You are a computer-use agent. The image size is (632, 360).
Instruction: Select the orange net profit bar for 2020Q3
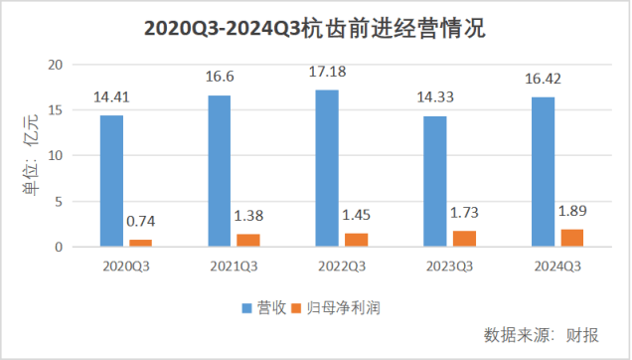[x=141, y=243]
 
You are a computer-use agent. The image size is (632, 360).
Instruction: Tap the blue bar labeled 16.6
[x=219, y=171]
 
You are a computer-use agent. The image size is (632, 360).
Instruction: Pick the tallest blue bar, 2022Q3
[x=327, y=168]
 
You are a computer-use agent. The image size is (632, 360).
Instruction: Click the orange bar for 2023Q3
[x=464, y=239]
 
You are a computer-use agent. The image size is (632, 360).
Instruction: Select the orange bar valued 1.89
[x=571, y=238]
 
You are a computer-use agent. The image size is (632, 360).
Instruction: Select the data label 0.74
[x=142, y=223]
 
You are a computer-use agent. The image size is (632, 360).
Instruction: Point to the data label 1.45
[x=357, y=216]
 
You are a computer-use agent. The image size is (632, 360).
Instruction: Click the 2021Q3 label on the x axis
[x=235, y=267]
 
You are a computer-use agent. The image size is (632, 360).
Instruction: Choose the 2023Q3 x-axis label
[x=449, y=267]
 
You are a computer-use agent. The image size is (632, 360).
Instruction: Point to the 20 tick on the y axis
[x=56, y=65]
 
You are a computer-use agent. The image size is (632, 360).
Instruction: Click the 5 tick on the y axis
[x=60, y=202]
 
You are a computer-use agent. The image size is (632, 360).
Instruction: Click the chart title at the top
[x=315, y=28]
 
